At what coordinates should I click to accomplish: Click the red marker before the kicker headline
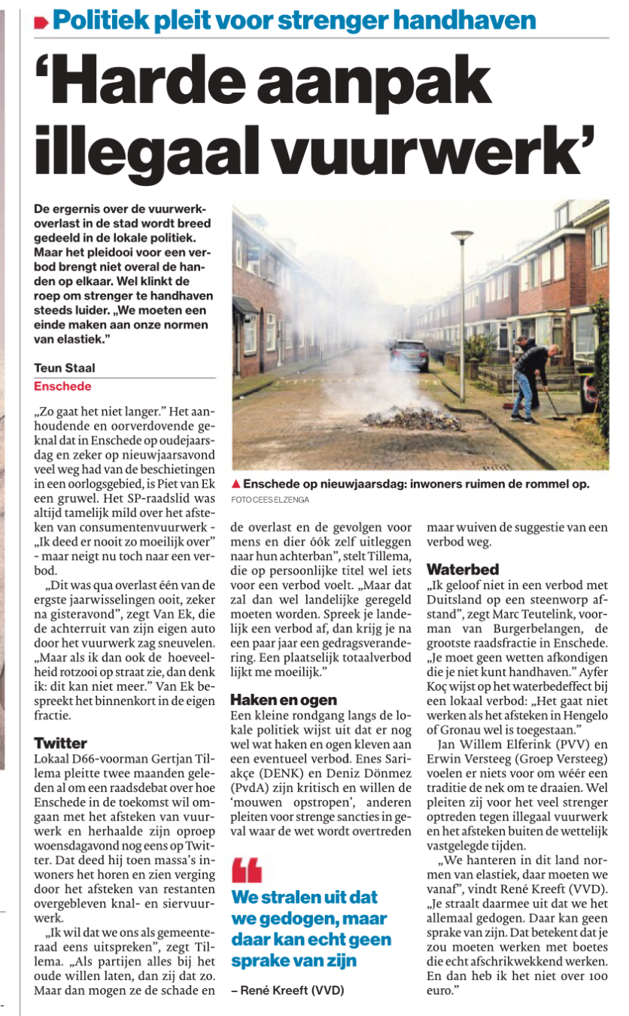(x=41, y=22)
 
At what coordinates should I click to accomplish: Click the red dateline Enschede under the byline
(x=62, y=386)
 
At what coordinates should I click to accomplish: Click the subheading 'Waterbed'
(x=463, y=569)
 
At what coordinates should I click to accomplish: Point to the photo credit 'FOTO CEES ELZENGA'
(x=271, y=499)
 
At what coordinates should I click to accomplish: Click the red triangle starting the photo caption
(x=235, y=484)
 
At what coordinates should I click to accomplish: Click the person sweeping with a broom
(x=530, y=376)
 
